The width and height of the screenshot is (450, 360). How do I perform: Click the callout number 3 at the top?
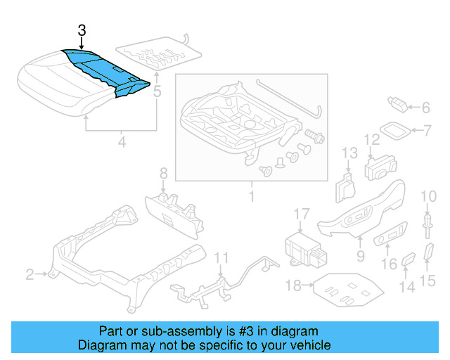(x=82, y=30)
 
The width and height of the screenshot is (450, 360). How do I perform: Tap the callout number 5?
(x=157, y=91)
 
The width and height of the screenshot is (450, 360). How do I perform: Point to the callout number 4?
(x=122, y=143)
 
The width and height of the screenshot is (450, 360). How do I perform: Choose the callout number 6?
(x=425, y=108)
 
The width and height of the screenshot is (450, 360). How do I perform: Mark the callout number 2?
(x=30, y=274)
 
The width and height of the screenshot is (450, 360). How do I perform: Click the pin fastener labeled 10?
(x=427, y=221)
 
